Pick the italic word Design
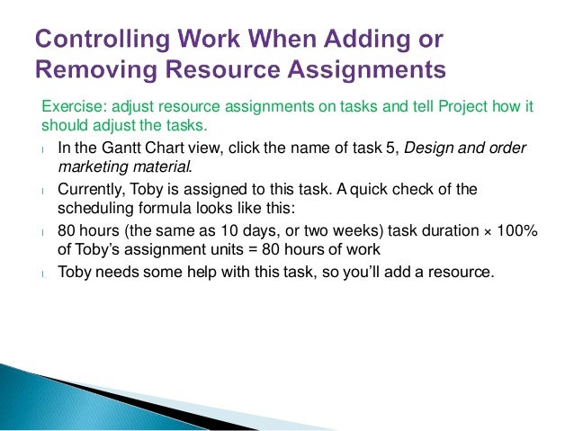429,148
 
